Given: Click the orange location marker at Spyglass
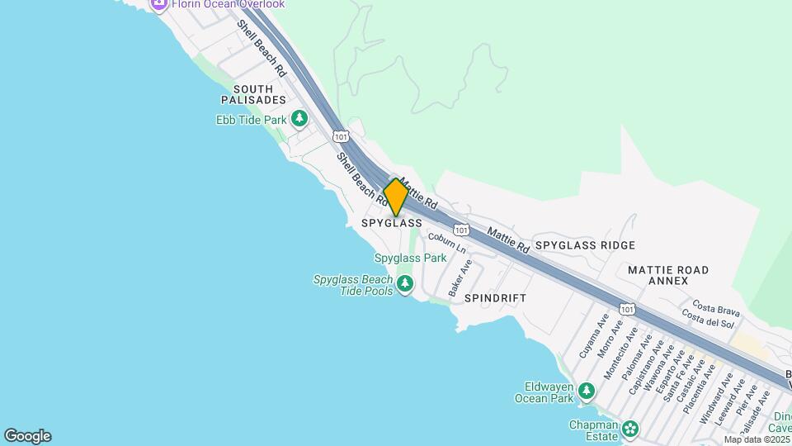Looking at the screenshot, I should pos(396,197).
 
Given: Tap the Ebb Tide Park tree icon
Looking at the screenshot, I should pos(299,120).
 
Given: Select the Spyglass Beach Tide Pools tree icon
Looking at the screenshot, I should pos(404,285).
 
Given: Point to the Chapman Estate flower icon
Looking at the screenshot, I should pos(631,429).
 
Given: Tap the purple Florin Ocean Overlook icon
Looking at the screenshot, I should pos(158,4).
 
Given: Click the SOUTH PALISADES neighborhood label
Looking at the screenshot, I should pos(253,94).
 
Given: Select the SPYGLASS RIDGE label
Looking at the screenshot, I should pos(585,245).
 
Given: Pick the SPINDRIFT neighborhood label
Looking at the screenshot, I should pos(495,297).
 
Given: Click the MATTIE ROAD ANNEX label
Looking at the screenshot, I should pos(668,275).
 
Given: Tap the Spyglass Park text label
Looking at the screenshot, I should pos(410,258).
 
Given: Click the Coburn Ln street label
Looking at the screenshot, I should pos(447,243).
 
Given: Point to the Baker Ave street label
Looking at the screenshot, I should pos(460,278).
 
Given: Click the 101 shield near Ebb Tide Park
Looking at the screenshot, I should pos(340,135).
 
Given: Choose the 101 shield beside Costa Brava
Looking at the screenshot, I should pos(628,309).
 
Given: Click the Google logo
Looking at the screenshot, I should pos(27,436).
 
